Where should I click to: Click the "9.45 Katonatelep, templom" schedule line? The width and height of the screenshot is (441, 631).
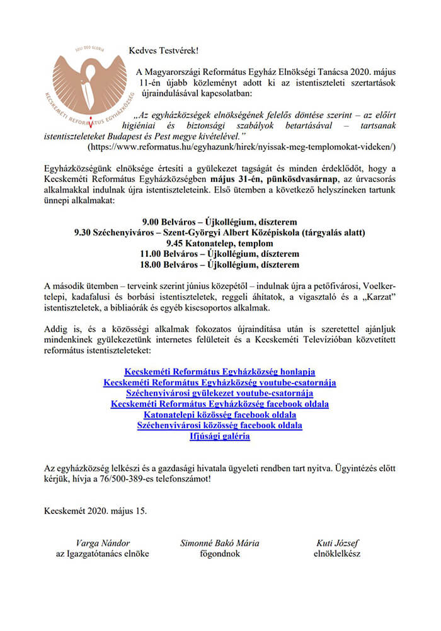219,243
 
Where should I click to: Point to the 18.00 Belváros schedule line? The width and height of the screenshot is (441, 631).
219,264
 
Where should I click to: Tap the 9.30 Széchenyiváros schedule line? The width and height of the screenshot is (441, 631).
219,232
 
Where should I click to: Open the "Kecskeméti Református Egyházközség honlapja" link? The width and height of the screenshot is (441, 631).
219,372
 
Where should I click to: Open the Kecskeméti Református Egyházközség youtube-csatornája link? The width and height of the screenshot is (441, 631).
219,382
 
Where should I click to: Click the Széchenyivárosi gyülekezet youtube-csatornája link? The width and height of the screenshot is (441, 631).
219,393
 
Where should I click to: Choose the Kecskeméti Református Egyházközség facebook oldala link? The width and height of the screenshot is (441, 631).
219,404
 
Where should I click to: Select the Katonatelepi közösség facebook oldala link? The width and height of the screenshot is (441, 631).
219,414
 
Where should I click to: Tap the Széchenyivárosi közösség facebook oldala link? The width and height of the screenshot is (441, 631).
219,425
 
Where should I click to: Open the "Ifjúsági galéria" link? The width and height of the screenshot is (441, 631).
219,436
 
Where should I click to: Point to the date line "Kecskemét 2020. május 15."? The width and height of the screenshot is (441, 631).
96,510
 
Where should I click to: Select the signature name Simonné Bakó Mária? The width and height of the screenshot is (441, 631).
219,543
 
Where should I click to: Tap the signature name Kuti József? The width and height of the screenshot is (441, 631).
337,543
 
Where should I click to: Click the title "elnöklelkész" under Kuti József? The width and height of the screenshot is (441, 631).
337,554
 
